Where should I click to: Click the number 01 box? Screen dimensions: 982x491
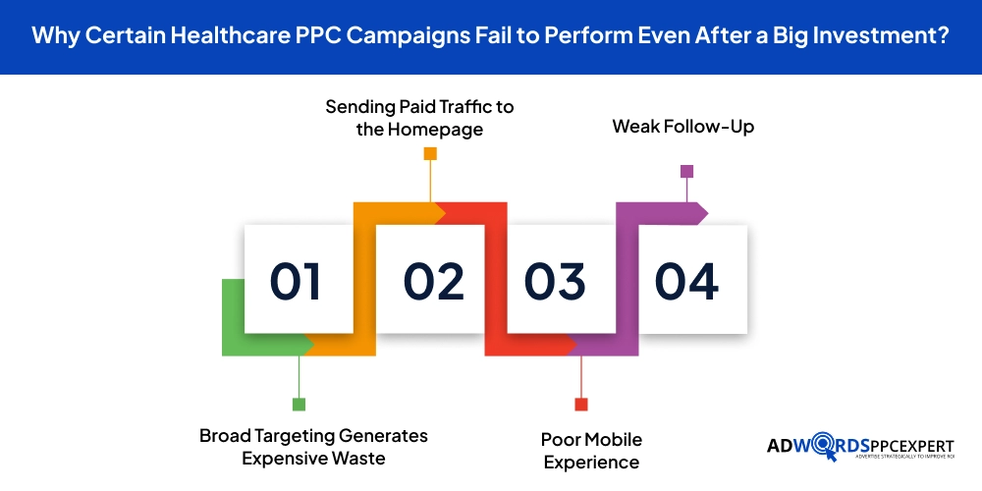click(x=299, y=279)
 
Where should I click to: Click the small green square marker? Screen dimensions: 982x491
click(x=299, y=405)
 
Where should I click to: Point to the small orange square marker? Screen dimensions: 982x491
click(x=430, y=153)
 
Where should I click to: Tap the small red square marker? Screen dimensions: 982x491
click(x=581, y=405)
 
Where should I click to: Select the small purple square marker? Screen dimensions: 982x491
click(x=687, y=171)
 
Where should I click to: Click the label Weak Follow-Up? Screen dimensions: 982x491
click(x=683, y=127)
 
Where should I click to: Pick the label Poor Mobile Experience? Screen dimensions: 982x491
click(x=592, y=451)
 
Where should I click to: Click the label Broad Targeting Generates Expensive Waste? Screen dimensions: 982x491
click(x=314, y=447)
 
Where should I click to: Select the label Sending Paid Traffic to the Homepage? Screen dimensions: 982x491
click(x=419, y=118)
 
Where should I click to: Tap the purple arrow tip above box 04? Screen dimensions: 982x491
click(x=708, y=213)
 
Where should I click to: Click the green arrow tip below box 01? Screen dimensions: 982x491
click(x=314, y=345)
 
